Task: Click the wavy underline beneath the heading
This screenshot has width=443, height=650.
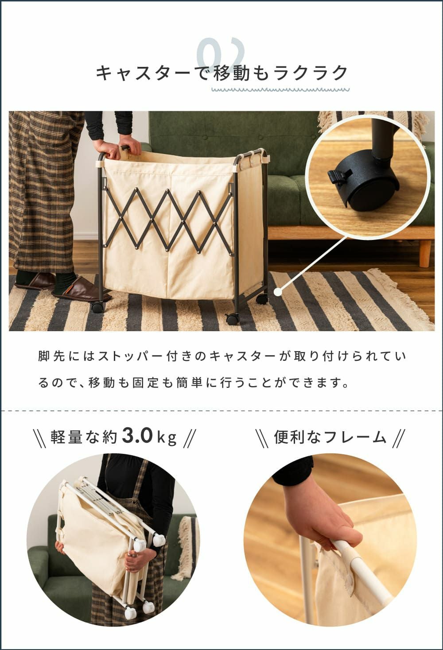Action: coord(280,90)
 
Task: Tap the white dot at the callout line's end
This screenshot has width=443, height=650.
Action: coord(278,292)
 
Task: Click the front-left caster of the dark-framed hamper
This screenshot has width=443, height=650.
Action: coord(97,307)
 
